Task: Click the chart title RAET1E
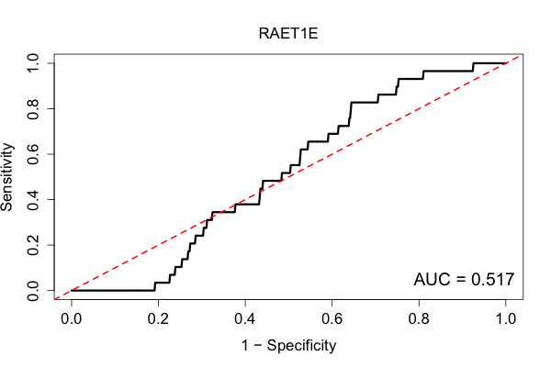[288, 33]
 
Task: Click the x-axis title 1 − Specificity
[288, 345]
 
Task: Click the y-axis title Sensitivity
[6, 177]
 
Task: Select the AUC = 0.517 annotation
[464, 279]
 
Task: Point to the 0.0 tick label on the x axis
[72, 319]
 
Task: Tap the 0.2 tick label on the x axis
[158, 319]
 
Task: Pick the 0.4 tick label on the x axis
[245, 319]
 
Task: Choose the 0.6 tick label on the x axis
[332, 319]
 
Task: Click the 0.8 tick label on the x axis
[419, 319]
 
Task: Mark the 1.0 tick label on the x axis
[506, 319]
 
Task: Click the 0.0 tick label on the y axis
[33, 291]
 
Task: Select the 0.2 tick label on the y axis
[33, 245]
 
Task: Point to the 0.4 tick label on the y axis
[33, 199]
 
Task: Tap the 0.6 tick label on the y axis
[33, 154]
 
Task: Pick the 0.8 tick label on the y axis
[33, 109]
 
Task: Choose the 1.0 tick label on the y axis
[33, 63]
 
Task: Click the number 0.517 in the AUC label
[492, 279]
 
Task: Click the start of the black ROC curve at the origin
[72, 291]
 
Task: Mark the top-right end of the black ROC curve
[506, 63]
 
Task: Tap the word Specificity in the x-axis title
[301, 346]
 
